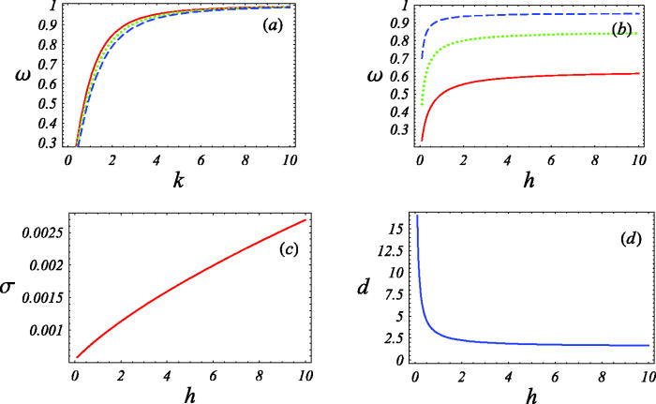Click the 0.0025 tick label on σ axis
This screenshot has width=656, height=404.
[x=43, y=231]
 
